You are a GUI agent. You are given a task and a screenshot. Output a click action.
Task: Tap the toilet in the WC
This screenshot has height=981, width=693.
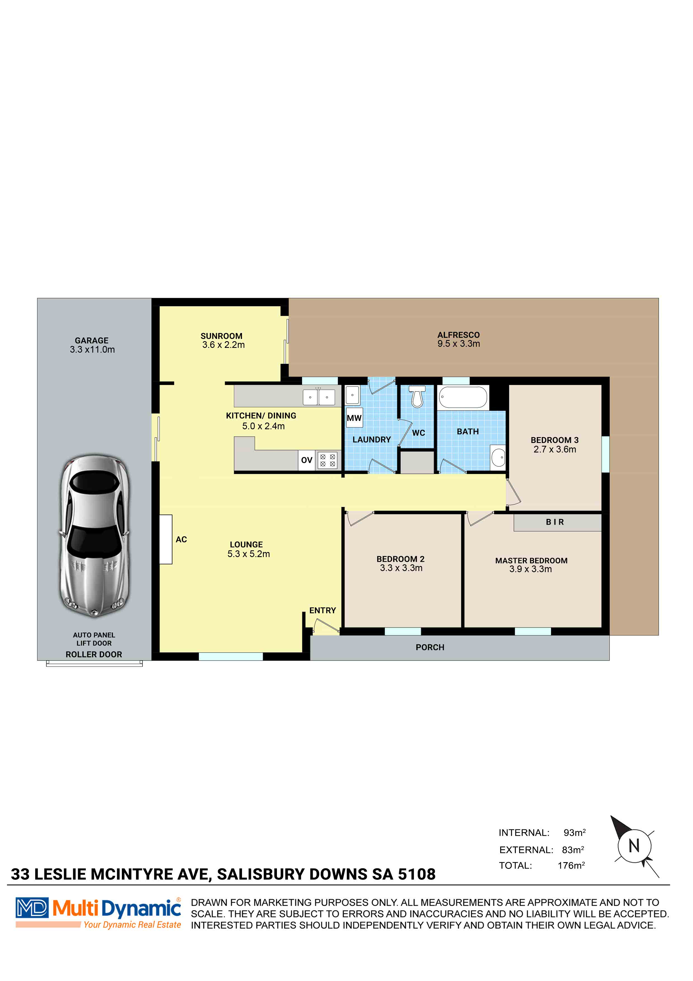[x=417, y=397]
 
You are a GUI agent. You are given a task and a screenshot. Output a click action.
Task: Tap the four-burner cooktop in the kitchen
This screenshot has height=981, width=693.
[x=327, y=460]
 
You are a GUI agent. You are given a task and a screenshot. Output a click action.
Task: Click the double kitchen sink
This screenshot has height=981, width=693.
[x=319, y=397]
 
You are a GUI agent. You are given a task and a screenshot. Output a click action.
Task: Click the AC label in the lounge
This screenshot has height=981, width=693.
[x=181, y=540]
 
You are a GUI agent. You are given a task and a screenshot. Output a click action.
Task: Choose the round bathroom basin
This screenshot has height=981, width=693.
[x=498, y=458]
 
